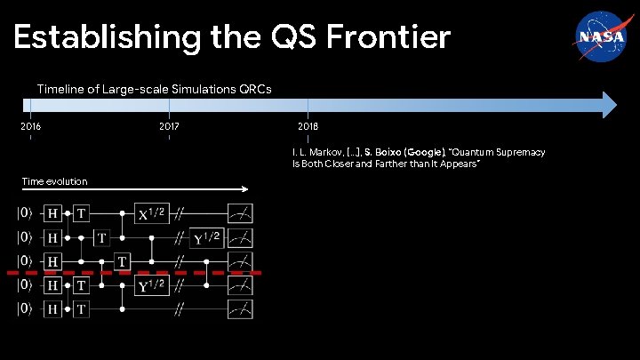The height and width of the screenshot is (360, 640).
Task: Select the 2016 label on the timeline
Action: [30, 127]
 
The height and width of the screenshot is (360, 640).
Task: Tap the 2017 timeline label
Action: [169, 127]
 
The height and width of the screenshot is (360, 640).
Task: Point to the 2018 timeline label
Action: [308, 127]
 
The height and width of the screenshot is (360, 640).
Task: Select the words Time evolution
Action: [55, 181]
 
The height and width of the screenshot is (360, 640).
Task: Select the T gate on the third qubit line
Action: [121, 261]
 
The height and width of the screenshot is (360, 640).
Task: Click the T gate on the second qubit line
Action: [102, 237]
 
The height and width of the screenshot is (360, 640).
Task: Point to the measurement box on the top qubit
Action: [240, 213]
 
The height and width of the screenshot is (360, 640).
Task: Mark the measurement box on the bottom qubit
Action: [240, 309]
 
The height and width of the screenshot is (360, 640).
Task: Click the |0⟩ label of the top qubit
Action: [27, 213]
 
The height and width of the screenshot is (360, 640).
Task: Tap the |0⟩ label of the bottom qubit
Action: [27, 309]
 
